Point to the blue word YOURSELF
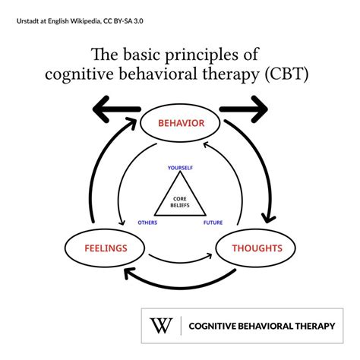tap(180, 167)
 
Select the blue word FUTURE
tap(213, 223)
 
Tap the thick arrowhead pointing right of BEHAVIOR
tap(258, 109)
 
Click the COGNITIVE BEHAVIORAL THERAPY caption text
tap(261, 326)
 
